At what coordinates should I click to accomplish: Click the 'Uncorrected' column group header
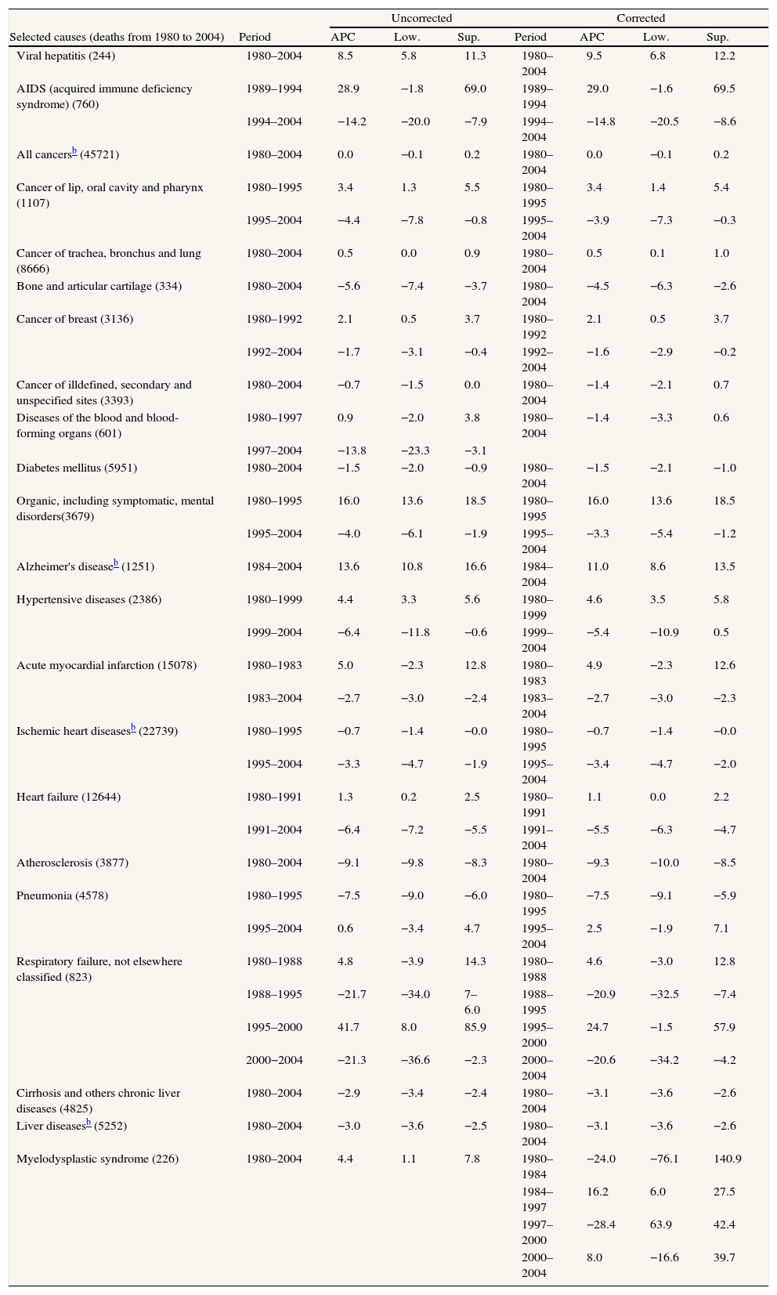(x=421, y=18)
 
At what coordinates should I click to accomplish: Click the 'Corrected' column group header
(x=640, y=18)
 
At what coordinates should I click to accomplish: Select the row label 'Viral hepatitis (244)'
(x=66, y=56)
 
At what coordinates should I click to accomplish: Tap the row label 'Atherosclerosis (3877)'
(x=72, y=863)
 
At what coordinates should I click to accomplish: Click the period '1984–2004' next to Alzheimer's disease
(x=273, y=566)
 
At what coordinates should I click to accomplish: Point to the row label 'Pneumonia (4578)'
(x=62, y=895)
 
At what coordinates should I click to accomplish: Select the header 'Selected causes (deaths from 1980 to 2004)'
(x=117, y=37)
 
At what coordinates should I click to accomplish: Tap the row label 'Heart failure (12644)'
(x=68, y=797)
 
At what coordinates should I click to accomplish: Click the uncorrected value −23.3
(x=414, y=450)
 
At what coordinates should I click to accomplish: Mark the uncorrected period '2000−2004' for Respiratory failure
(x=273, y=1060)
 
